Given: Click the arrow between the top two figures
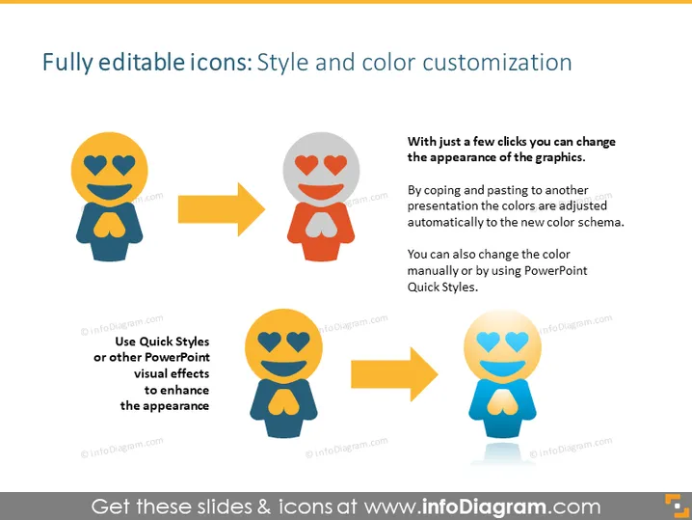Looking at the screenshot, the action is click(x=222, y=209).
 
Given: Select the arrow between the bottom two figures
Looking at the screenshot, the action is click(x=394, y=374).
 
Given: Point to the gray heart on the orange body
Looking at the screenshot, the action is click(x=321, y=225).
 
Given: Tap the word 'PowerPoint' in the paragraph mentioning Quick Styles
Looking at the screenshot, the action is click(x=556, y=270).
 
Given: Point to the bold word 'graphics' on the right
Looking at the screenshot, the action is click(x=560, y=157).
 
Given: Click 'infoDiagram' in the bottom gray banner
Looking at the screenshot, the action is click(x=484, y=506).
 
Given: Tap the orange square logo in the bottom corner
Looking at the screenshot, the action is click(x=677, y=506).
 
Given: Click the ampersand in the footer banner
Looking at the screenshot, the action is click(x=263, y=506).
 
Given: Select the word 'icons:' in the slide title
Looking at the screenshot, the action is click(x=221, y=63).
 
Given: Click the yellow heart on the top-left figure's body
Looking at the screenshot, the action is click(x=110, y=225).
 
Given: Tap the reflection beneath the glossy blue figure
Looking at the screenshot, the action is click(x=503, y=453).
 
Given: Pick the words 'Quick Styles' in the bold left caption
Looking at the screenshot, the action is click(x=174, y=342).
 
